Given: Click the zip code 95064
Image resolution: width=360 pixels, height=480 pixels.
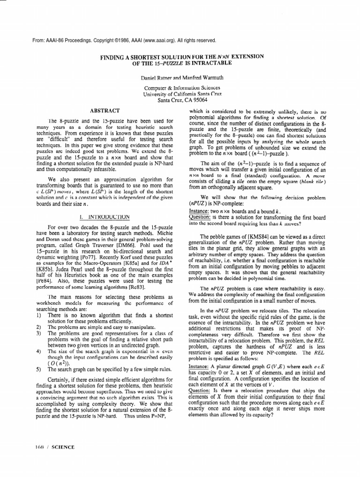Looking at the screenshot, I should tap(197, 99).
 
